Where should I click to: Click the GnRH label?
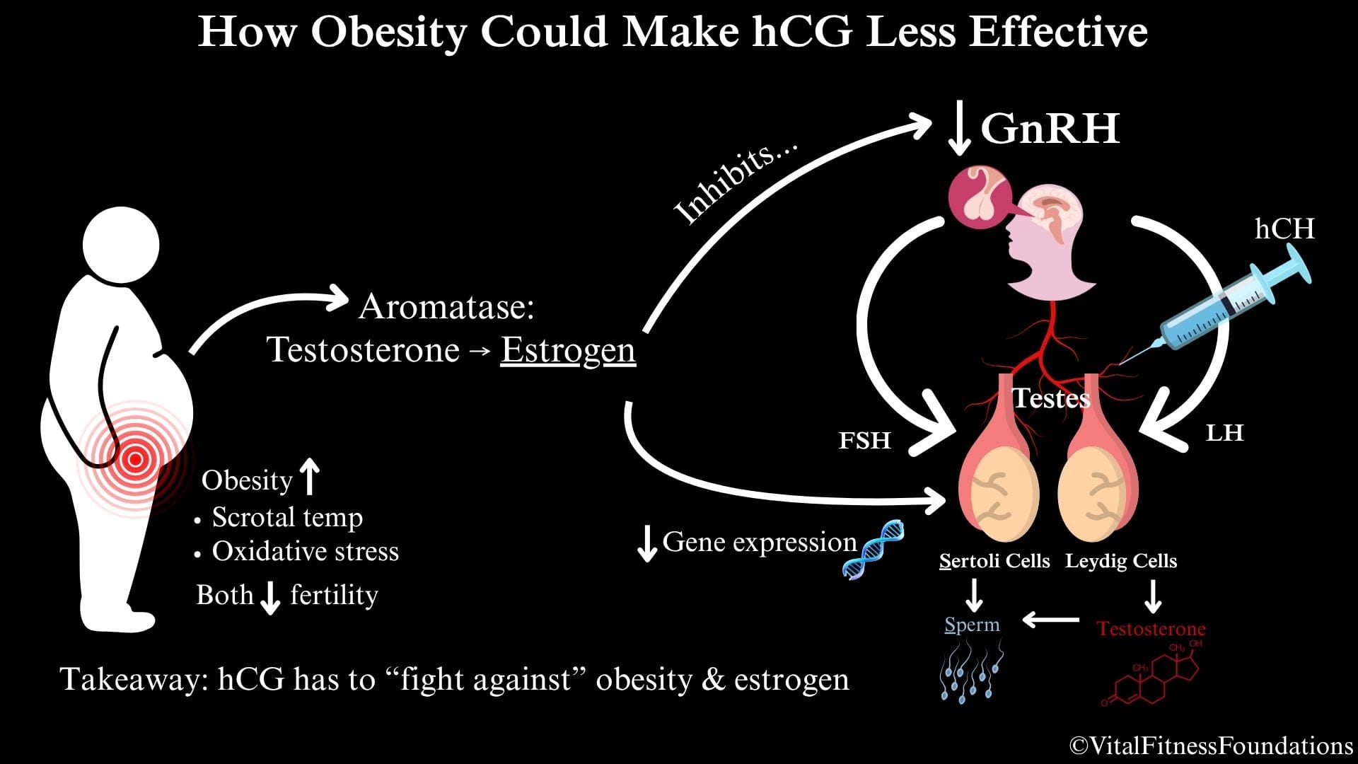click(1050, 128)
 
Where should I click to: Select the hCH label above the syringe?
click(1284, 228)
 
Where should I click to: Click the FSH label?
click(864, 440)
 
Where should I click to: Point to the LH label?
click(1224, 432)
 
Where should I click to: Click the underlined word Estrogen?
click(568, 350)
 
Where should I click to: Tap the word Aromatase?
click(446, 307)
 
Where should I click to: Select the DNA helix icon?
click(874, 549)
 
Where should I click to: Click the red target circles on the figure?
click(134, 460)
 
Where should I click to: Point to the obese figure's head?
click(121, 245)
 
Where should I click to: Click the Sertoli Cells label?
click(994, 562)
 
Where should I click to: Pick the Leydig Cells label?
click(1121, 562)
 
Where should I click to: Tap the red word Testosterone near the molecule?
click(1151, 628)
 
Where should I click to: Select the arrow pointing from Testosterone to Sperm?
click(1051, 620)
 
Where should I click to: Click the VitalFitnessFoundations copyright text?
click(1212, 745)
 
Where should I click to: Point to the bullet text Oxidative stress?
click(306, 551)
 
